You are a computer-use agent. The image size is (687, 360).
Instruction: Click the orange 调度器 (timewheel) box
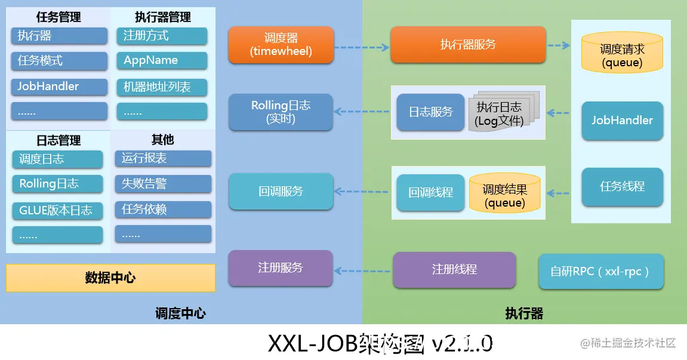coord(281,45)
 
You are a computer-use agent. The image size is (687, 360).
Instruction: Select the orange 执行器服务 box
coord(468,45)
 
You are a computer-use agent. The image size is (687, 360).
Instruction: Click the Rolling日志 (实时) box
coord(281,112)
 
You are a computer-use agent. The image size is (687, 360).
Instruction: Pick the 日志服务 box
coord(430,112)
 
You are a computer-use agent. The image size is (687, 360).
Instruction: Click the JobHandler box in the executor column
coord(622,121)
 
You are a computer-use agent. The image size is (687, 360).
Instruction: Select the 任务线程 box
coord(622,186)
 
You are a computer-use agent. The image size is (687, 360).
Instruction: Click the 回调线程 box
coord(430,192)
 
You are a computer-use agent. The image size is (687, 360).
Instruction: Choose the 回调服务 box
coord(281,191)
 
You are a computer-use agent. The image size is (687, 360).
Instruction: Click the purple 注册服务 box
coord(281,268)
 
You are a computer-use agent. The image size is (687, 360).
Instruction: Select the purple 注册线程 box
coord(454,270)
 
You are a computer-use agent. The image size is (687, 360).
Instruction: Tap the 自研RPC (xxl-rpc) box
coord(601,272)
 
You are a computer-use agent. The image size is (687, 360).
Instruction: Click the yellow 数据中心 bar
coord(110,278)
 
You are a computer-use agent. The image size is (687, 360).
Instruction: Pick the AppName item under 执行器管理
coord(162,61)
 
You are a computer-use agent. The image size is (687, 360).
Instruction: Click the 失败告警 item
coord(163,184)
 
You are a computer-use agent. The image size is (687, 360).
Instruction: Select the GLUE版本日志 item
coord(57,210)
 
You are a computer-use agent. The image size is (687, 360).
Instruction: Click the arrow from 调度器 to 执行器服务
coord(361,46)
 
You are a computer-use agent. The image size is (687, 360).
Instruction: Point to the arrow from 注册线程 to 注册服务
coord(362,270)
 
